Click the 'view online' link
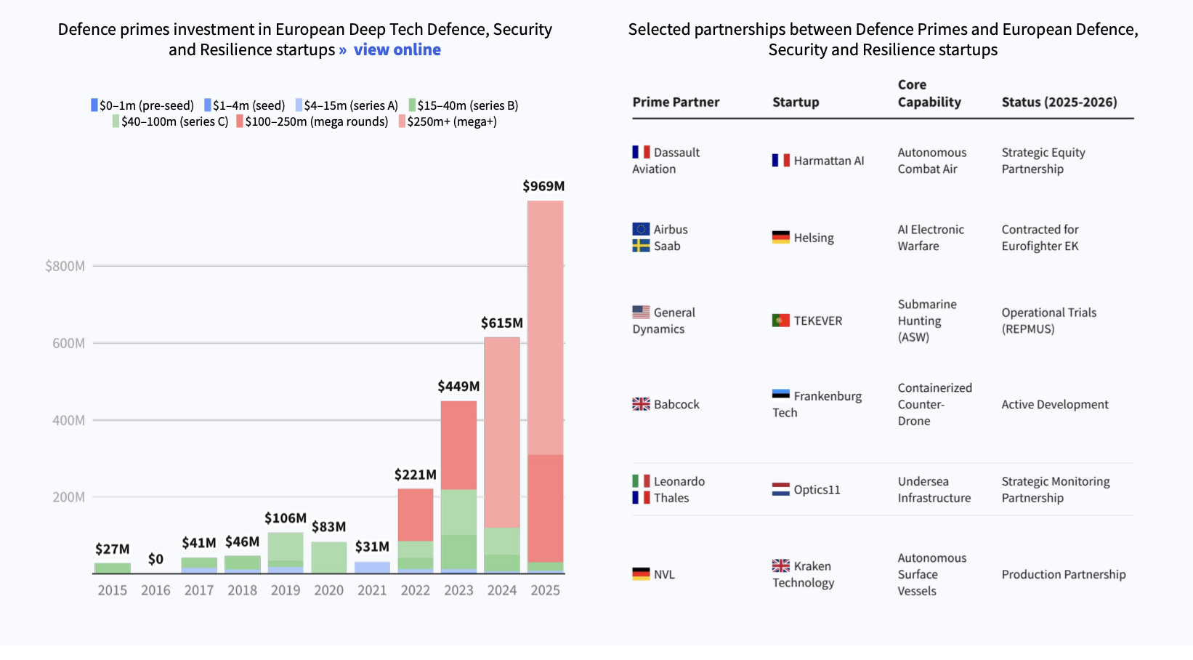tap(397, 49)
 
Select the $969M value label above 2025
tap(543, 186)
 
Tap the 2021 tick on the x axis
tap(372, 590)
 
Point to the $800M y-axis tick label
tap(65, 266)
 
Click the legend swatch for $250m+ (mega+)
tap(402, 121)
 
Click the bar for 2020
tap(329, 558)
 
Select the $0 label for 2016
tap(155, 559)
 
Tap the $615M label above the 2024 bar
tap(502, 323)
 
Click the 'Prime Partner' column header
tap(676, 102)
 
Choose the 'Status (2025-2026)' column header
tap(1059, 102)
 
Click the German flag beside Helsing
tap(780, 238)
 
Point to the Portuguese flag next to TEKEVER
tap(780, 321)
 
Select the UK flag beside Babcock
tap(641, 404)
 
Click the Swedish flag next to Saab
tap(641, 246)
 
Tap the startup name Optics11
tap(817, 489)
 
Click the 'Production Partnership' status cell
tap(1064, 574)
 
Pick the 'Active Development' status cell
tap(1055, 404)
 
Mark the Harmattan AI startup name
tap(829, 161)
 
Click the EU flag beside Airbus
tap(641, 229)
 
